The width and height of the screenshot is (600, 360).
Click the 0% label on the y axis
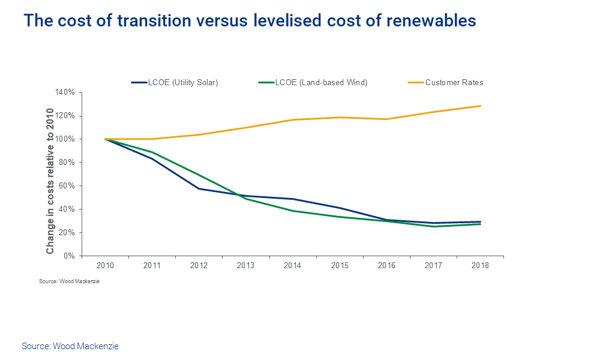point(69,256)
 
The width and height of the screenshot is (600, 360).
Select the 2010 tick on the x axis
point(105,265)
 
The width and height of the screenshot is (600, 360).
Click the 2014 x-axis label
point(292,265)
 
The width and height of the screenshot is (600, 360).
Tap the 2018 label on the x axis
point(480,265)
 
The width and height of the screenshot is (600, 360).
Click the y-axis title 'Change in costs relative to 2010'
point(50,173)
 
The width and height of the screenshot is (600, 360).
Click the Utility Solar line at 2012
point(199,188)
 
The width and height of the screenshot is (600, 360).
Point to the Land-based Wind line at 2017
point(433,226)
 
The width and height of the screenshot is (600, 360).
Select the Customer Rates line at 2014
point(292,120)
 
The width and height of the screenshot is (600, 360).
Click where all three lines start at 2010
point(105,139)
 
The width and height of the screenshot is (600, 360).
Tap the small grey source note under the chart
point(69,281)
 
